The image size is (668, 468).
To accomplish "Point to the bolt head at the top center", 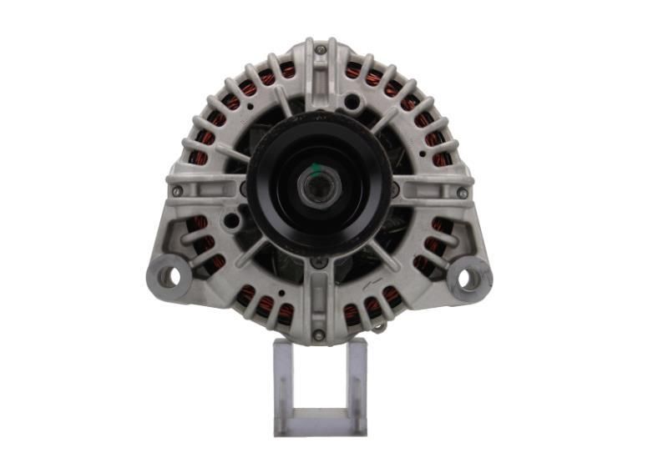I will click(x=320, y=50).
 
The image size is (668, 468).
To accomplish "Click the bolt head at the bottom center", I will click(x=318, y=335).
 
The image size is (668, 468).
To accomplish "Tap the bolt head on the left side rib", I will click(x=177, y=191).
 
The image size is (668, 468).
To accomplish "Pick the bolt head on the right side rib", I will click(x=462, y=193).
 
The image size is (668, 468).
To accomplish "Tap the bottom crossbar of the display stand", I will click(x=320, y=425).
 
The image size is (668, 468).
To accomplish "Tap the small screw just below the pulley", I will click(x=318, y=262).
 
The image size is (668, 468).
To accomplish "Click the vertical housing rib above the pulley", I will click(x=320, y=79).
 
